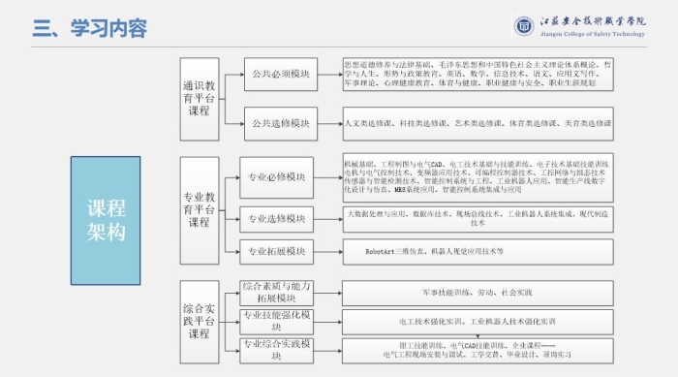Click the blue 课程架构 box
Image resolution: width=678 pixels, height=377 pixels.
pyautogui.click(x=106, y=220)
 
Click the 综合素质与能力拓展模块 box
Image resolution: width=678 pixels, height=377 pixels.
pyautogui.click(x=277, y=292)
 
